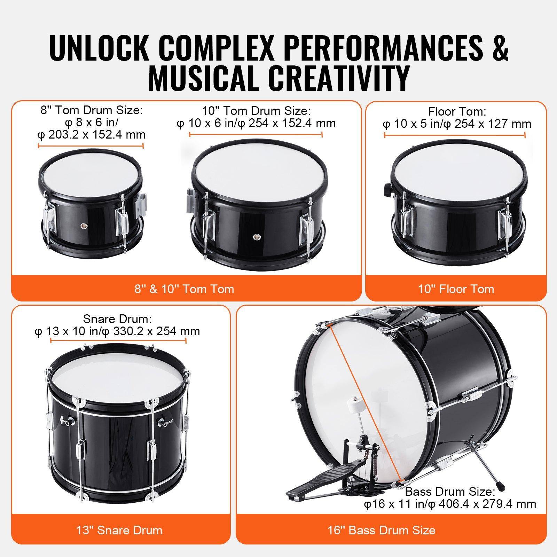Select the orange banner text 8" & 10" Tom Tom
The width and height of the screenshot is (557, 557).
tap(184, 289)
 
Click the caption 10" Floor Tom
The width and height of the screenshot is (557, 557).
tap(456, 289)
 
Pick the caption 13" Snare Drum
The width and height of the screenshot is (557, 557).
tap(119, 530)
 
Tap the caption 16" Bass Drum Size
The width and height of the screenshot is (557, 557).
tap(381, 530)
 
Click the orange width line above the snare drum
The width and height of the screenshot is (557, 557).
tap(118, 340)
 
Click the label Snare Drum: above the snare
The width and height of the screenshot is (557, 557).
tap(117, 319)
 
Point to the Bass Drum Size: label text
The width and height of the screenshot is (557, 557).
tap(450, 492)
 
